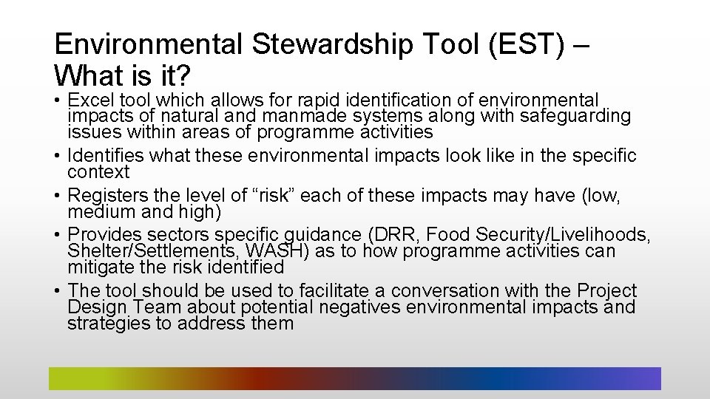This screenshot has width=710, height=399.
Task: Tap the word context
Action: (98, 172)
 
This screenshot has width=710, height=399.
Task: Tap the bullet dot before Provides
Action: (58, 236)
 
